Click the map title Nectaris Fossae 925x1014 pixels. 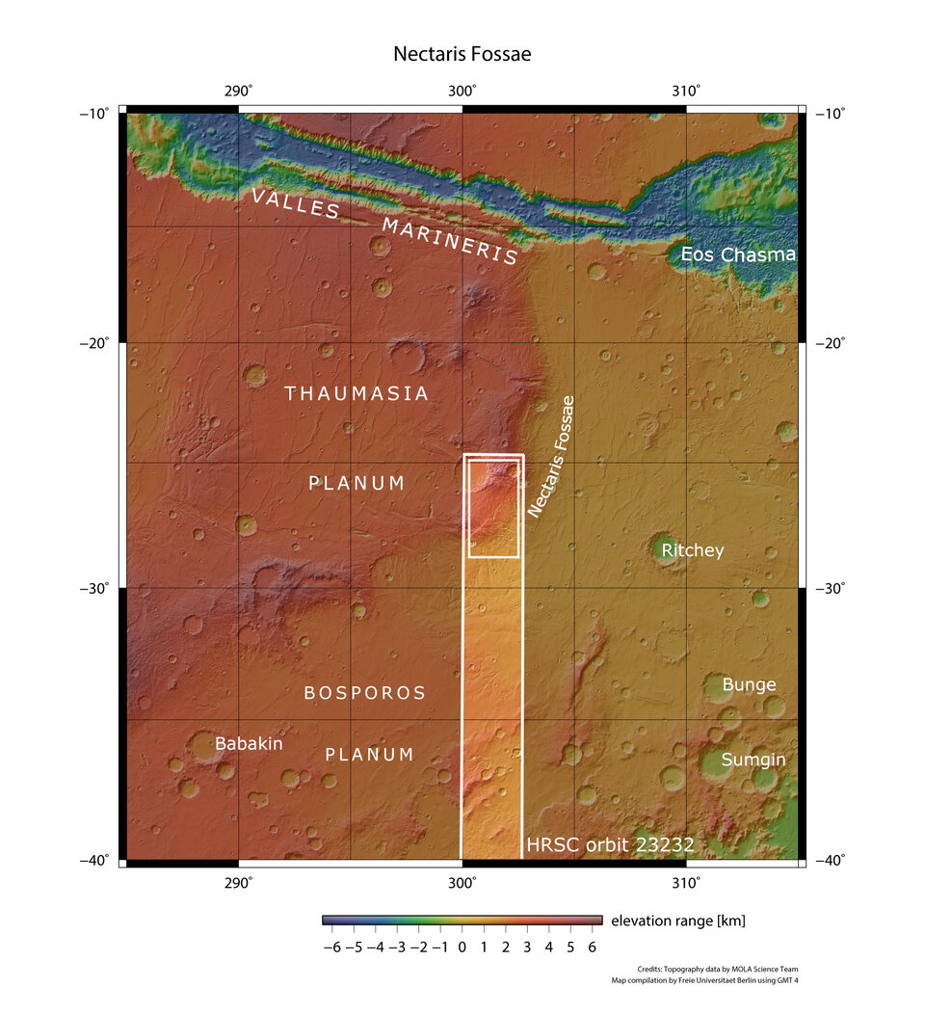coord(462,54)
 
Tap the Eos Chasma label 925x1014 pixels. coord(738,255)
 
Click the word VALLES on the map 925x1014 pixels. coord(295,205)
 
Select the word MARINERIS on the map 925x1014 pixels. coord(450,241)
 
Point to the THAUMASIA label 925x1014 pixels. coord(357,393)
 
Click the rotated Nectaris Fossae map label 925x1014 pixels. coord(551,457)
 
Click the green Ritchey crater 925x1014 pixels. coord(663,548)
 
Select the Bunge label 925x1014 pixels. coord(749,684)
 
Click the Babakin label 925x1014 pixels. coord(249,743)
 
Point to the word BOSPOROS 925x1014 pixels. coord(364,693)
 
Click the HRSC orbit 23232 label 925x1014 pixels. coord(610,845)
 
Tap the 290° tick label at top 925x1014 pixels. coord(238,91)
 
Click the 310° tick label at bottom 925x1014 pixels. coord(685,882)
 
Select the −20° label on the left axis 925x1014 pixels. coord(97,343)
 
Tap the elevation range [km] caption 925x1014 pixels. coord(677,921)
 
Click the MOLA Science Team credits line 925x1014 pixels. coord(717,969)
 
